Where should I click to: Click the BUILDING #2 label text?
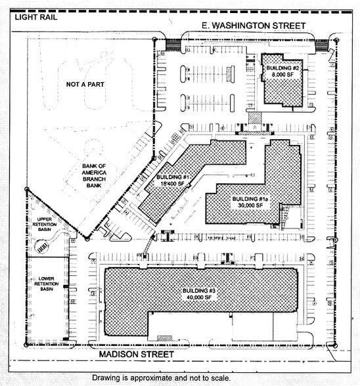(x=283, y=68)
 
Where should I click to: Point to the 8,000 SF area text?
(x=283, y=75)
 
